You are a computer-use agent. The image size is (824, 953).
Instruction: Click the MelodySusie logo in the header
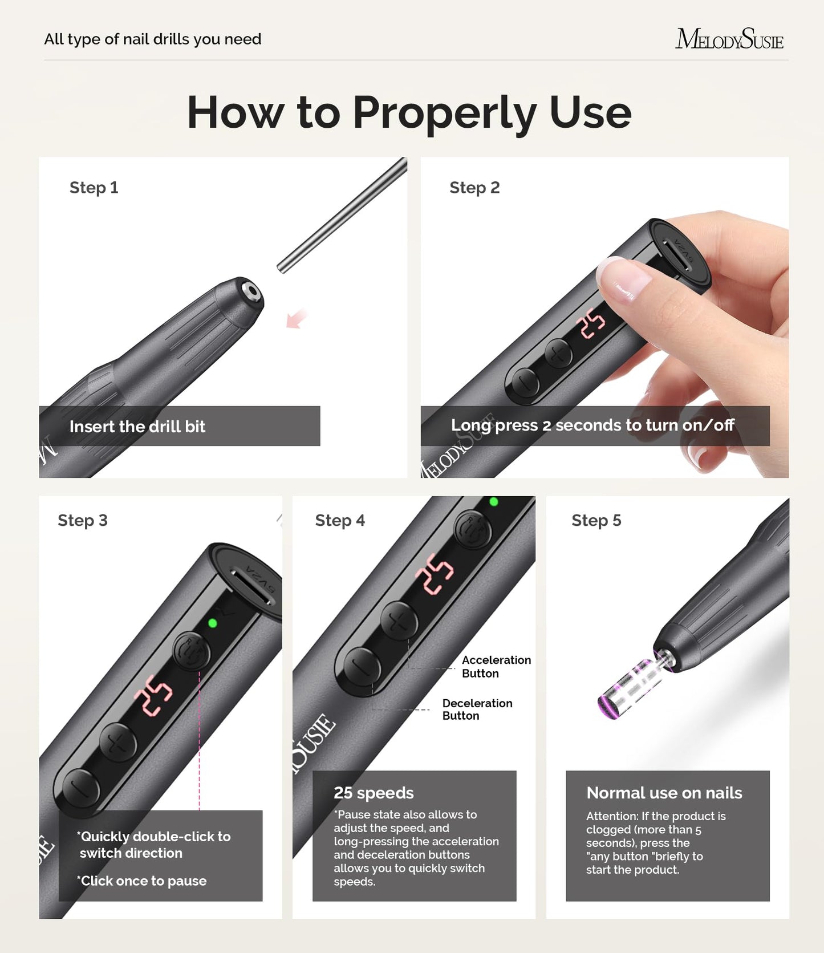coord(729,39)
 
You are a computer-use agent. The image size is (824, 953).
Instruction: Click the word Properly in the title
coord(444,112)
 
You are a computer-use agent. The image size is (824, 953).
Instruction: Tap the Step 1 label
coord(94,188)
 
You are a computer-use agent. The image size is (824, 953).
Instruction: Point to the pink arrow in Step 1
coord(296,319)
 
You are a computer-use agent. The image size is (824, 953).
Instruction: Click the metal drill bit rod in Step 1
coord(342,217)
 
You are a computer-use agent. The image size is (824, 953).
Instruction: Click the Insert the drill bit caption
coord(137,427)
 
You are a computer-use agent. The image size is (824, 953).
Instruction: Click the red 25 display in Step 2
coord(591,322)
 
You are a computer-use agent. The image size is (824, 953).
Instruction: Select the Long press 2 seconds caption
coord(592,425)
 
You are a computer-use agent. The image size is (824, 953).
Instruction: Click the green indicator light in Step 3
coord(213,623)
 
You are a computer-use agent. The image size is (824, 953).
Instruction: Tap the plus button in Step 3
coord(118,742)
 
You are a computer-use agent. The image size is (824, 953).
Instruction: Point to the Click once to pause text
coord(143,881)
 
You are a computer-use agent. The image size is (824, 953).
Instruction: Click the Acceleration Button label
coord(496,666)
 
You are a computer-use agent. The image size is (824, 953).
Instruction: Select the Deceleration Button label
coord(477,709)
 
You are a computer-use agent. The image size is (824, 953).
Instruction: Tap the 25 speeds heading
coord(374,793)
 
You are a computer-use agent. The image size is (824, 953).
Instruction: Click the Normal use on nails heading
coord(664,793)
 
